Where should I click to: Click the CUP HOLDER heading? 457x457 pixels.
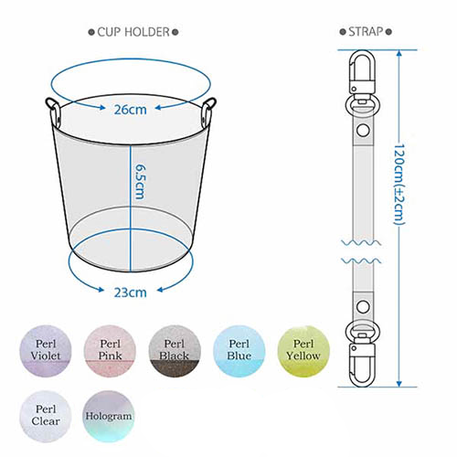coord(133,32)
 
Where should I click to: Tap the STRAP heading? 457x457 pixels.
coord(366,31)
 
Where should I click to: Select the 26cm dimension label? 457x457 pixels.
coord(130,110)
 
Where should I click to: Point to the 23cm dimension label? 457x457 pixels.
coord(130,292)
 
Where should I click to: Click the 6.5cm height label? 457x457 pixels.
coord(140,182)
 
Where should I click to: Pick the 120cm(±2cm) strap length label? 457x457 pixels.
coord(399,185)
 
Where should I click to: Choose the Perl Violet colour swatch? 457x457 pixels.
coord(46,351)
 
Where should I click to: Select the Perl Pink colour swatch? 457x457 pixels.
coord(110,351)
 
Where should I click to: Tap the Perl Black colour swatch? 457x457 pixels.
coord(175,351)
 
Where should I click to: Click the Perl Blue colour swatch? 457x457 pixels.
coord(239,351)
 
